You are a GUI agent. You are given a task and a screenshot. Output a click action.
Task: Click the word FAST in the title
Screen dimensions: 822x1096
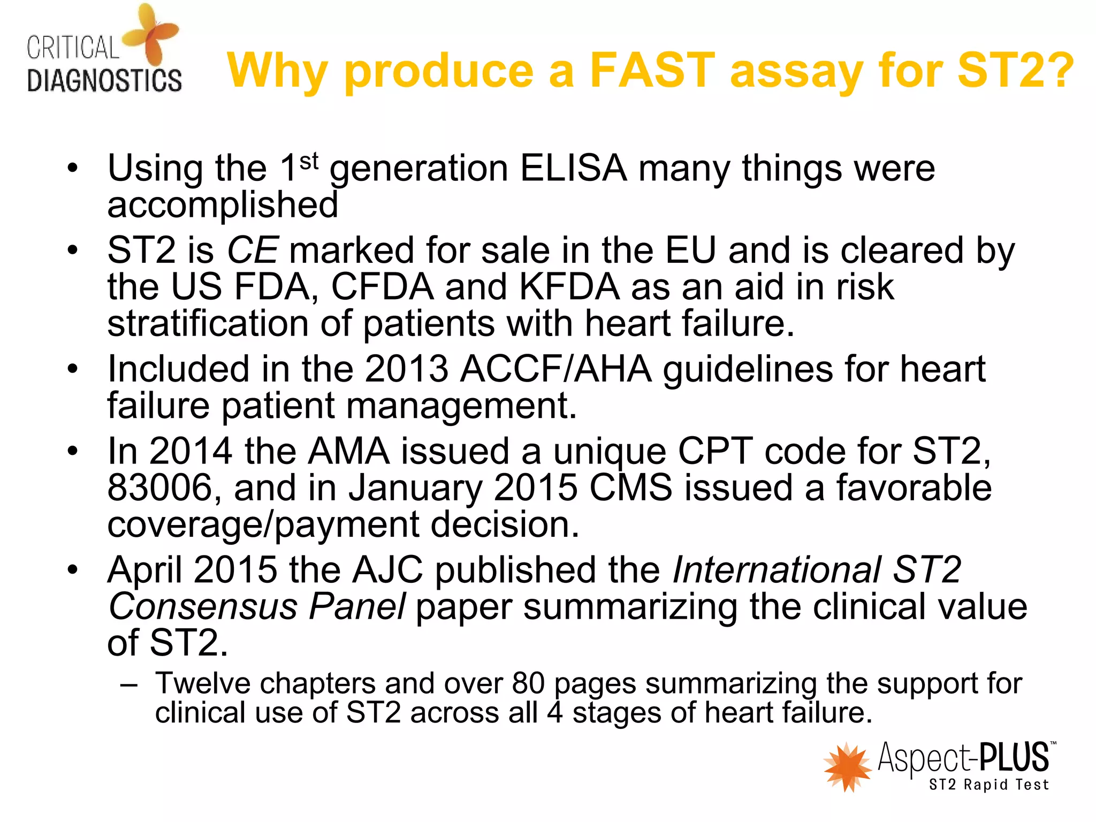(x=652, y=71)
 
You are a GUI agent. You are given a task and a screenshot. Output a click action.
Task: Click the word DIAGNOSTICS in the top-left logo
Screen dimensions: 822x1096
(x=104, y=81)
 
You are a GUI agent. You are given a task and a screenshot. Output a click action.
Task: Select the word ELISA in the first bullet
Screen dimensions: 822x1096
(x=573, y=169)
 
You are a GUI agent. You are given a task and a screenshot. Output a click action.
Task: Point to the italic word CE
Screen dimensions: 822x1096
(x=252, y=250)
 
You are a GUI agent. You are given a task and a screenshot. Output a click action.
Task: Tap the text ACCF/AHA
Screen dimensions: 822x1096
(x=556, y=369)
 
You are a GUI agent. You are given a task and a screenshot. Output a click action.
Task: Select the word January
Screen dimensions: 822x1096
(x=415, y=488)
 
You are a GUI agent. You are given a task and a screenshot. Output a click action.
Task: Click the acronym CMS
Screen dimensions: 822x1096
(x=631, y=488)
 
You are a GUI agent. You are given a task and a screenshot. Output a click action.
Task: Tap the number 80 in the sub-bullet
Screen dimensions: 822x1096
(x=528, y=683)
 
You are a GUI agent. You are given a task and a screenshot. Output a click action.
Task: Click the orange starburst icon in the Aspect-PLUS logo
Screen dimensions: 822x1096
(x=847, y=766)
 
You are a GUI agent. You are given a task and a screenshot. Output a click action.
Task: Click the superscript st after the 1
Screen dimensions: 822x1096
(x=309, y=161)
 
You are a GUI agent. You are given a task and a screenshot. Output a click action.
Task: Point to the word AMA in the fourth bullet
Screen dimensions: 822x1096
(x=349, y=451)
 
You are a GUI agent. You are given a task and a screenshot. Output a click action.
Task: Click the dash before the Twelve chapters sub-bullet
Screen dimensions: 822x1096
(x=130, y=684)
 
